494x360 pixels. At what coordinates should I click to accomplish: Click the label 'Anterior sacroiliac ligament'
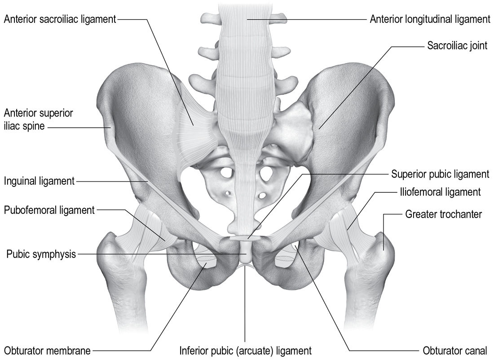[60, 19]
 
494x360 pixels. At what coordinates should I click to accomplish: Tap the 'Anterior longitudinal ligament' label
[430, 19]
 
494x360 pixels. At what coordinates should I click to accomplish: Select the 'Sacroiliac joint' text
[457, 46]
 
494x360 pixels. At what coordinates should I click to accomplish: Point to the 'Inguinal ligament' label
[39, 181]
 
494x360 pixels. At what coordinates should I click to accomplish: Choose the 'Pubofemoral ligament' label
[49, 210]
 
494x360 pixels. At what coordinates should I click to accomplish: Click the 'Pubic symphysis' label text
[41, 254]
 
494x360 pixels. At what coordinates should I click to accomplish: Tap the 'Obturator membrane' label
[47, 350]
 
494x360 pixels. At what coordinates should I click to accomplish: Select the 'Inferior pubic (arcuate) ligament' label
[245, 350]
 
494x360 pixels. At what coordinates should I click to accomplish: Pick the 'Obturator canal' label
[455, 350]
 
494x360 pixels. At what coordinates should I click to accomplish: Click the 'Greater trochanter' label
[444, 214]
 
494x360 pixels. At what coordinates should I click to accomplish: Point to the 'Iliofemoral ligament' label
[441, 192]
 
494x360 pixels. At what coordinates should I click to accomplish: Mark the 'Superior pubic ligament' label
[441, 174]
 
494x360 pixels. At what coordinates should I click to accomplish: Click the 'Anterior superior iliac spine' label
[38, 120]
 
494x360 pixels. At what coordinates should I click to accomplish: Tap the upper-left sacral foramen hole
[226, 173]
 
